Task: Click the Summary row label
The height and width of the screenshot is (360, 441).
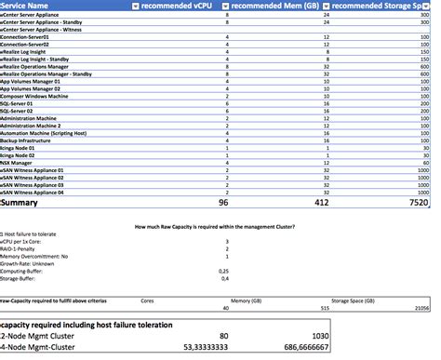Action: click(x=21, y=202)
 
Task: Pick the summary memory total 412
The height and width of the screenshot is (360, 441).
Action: click(x=318, y=202)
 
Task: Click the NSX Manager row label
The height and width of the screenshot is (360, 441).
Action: click(x=19, y=163)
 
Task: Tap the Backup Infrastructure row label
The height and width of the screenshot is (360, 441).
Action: click(x=29, y=139)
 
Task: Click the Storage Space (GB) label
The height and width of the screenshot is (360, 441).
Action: click(x=356, y=300)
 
